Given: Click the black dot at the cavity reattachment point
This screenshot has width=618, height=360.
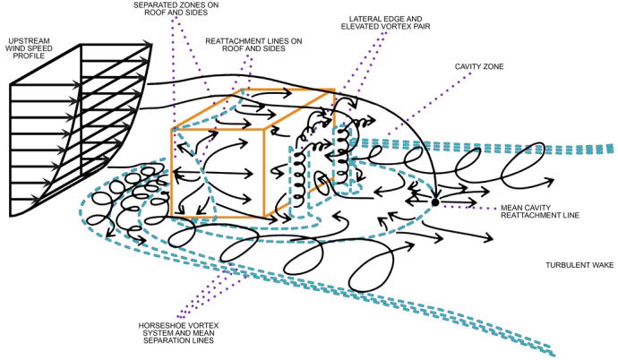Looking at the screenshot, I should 434,202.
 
